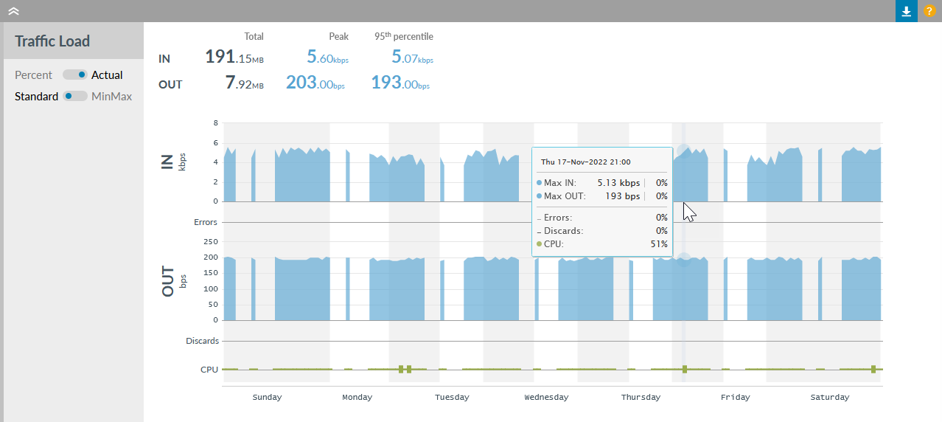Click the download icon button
[x=907, y=11]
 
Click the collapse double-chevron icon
[x=13, y=11]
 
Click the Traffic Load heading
[x=52, y=41]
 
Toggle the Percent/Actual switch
[x=74, y=75]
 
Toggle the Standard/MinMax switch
[x=74, y=96]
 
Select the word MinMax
[x=111, y=96]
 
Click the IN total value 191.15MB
[x=234, y=58]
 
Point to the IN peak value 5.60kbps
[x=327, y=58]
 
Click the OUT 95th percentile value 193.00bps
[x=400, y=83]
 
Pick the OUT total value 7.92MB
[x=244, y=83]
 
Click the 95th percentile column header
[x=403, y=36]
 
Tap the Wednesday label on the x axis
[x=546, y=397]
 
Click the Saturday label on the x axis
[x=829, y=397]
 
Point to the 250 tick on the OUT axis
[x=210, y=241]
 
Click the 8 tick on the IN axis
[x=215, y=122]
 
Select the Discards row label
[x=202, y=341]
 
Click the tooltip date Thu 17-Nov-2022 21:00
[x=585, y=162]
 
